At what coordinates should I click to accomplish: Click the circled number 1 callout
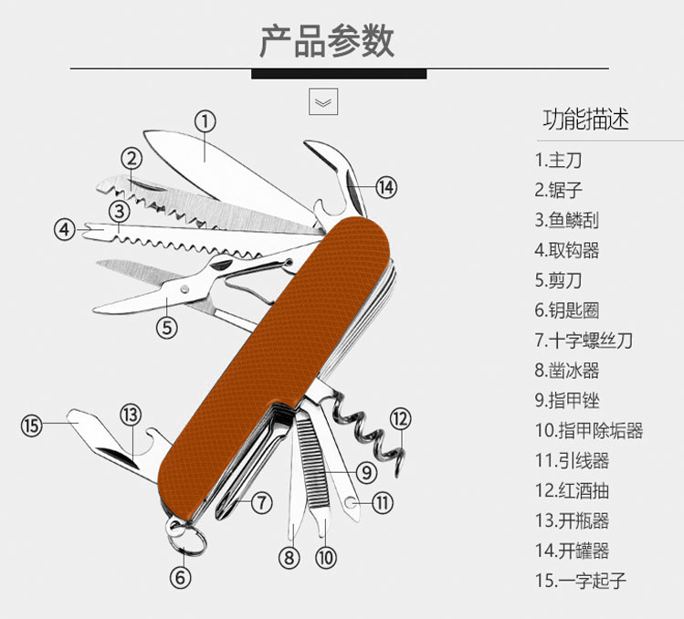(x=205, y=121)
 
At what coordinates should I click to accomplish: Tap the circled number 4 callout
(x=64, y=229)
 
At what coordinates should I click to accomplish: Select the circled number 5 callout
(x=165, y=326)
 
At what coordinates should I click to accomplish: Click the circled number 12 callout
(x=401, y=419)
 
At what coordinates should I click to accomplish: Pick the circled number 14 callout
(x=386, y=187)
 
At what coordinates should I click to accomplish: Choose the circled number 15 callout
(x=32, y=425)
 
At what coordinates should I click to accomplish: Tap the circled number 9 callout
(x=364, y=472)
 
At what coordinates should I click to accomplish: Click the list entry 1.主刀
(x=558, y=161)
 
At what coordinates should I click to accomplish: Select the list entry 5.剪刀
(x=558, y=280)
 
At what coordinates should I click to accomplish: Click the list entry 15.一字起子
(x=581, y=580)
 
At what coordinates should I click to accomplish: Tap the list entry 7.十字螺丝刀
(x=584, y=341)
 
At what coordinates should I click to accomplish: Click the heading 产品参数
(x=327, y=41)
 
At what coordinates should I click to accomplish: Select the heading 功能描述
(x=585, y=120)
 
